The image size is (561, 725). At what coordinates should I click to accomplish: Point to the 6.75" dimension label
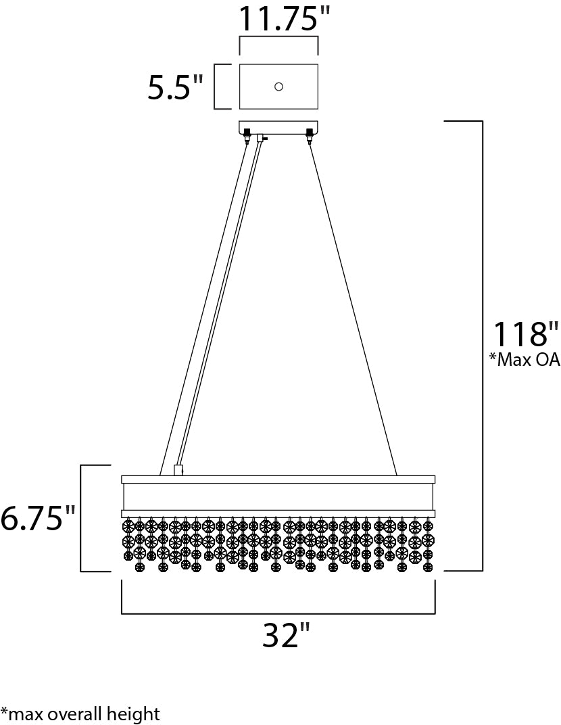coord(37,518)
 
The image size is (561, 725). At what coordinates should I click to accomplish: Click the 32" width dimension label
coord(286,635)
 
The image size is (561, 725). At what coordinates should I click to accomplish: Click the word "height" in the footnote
coord(138,715)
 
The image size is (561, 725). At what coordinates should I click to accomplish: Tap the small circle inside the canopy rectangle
coord(278,86)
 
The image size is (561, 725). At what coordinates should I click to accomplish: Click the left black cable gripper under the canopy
coord(247,135)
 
